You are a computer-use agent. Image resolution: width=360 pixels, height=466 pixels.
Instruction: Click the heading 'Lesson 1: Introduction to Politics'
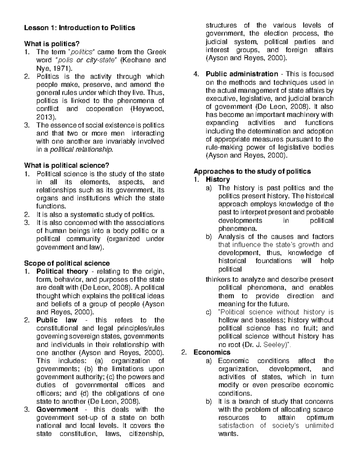pos(79,28)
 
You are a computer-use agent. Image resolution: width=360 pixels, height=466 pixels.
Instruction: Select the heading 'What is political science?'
pos(66,165)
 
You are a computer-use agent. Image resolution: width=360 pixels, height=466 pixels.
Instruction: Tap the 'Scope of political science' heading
pos(67,263)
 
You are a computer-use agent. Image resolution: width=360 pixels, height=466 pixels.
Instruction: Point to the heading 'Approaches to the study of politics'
pos(252,171)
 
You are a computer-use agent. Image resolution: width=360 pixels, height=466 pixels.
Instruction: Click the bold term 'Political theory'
pos(62,272)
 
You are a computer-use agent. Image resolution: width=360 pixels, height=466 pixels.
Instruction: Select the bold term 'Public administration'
pos(242,74)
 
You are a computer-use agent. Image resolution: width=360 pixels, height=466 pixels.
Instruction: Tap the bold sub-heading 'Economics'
pos(212,352)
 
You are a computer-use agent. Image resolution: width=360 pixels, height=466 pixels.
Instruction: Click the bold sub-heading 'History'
pos(218,179)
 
